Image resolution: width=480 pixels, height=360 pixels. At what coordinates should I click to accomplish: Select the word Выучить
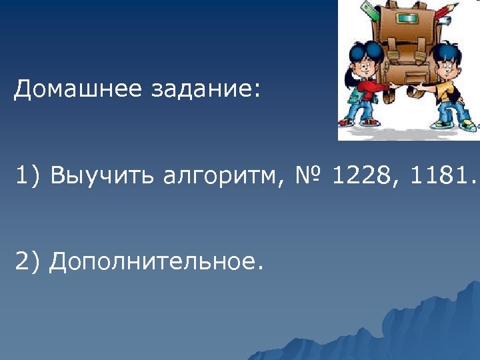(x=99, y=176)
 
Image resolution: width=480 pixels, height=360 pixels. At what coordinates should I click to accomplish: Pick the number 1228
(x=361, y=176)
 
